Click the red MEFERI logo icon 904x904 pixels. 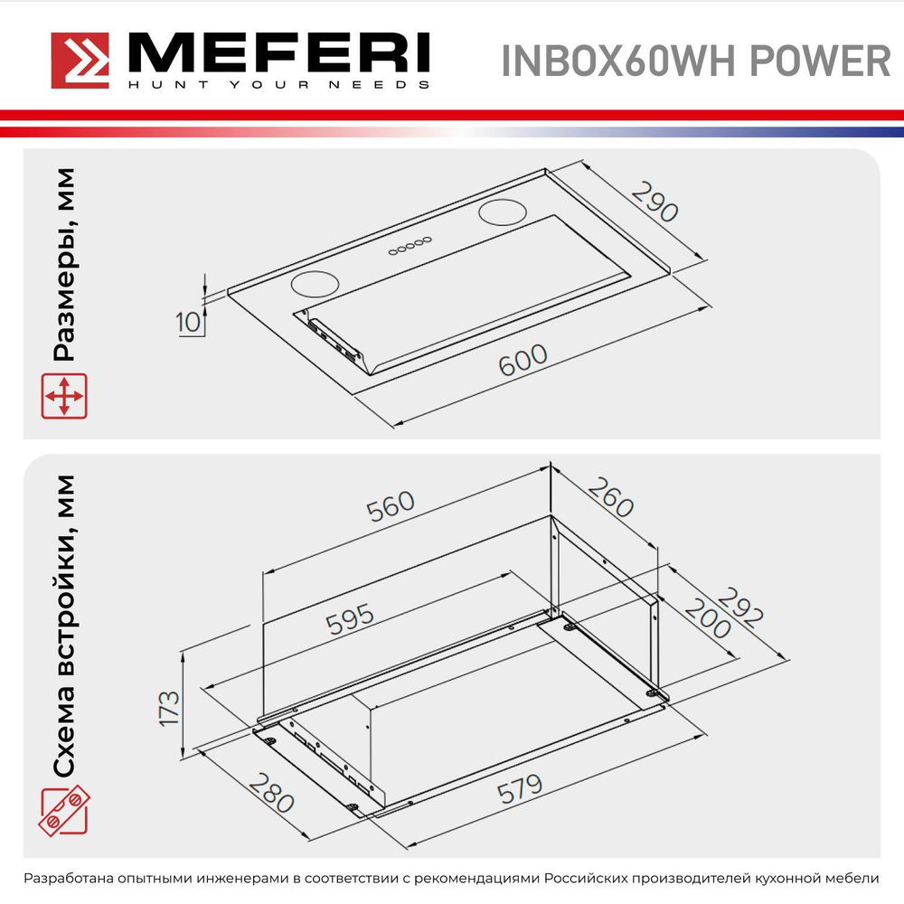click(x=80, y=61)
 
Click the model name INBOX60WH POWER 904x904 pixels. click(x=695, y=61)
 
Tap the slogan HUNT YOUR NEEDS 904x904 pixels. click(x=277, y=85)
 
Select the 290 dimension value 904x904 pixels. click(x=654, y=202)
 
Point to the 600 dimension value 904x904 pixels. click(x=523, y=360)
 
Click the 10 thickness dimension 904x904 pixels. click(x=188, y=322)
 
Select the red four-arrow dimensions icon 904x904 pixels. click(x=63, y=397)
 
